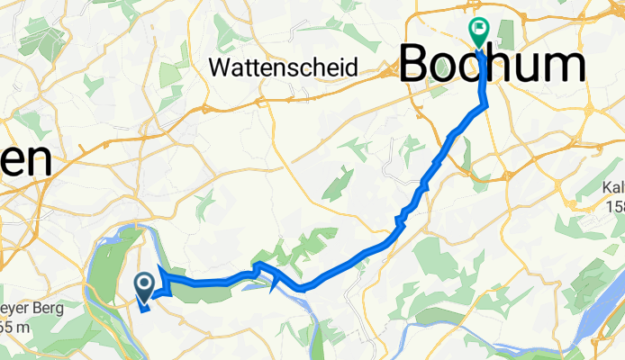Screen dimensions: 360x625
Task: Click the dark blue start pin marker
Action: point(144,286)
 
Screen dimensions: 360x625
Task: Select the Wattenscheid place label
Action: point(284,67)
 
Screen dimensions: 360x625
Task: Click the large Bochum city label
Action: point(491,66)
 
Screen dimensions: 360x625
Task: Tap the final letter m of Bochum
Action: point(565,66)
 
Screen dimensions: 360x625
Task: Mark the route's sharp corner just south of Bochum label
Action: point(487,105)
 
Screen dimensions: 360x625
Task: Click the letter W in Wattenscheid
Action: point(218,67)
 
